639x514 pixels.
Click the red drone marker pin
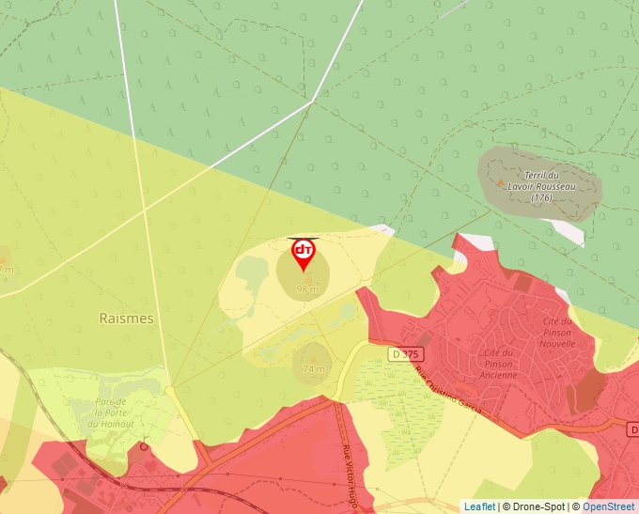304,253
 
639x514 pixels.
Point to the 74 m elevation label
314,368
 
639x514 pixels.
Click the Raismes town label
126,319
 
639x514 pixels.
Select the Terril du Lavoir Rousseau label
540,186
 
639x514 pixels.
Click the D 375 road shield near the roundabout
405,353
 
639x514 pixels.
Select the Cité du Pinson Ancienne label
500,364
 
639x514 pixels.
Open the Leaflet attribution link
478,506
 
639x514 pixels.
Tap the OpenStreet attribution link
610,506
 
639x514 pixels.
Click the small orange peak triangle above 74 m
313,358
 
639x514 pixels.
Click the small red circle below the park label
144,446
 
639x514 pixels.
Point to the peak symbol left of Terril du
500,182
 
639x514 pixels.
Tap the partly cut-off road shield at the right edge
633,428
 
